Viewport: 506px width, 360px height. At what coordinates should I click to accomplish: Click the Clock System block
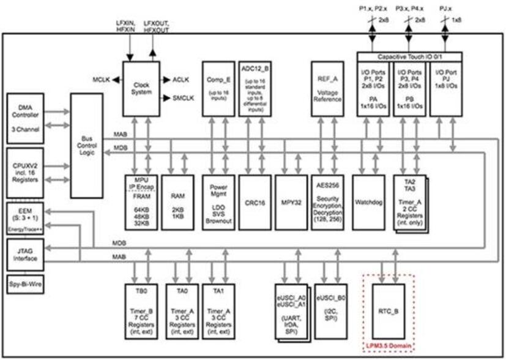pos(141,88)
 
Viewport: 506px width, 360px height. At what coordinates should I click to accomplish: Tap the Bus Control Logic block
pos(86,145)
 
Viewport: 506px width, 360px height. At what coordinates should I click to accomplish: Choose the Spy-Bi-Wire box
pos(26,285)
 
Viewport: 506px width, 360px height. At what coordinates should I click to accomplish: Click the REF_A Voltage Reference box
pos(327,88)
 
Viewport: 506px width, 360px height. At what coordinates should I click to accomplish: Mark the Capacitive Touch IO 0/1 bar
pos(409,56)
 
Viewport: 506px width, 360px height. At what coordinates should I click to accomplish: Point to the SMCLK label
pos(180,98)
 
